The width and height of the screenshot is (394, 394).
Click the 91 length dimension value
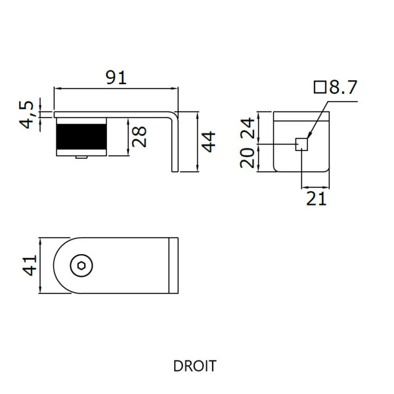(x=116, y=77)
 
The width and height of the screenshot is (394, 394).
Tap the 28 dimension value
(x=139, y=137)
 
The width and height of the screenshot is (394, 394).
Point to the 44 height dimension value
(x=208, y=142)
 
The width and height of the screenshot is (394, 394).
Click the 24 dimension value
(x=248, y=127)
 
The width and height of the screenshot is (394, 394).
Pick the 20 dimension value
(x=248, y=158)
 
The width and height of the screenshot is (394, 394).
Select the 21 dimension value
(x=316, y=198)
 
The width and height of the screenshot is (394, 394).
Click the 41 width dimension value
(x=28, y=265)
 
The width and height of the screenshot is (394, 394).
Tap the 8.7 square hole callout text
(x=342, y=87)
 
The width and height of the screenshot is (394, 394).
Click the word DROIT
(x=194, y=366)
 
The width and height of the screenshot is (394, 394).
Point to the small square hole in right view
(x=301, y=144)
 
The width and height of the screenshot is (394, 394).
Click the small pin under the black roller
(x=81, y=158)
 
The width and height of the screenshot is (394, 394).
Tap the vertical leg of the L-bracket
(x=175, y=144)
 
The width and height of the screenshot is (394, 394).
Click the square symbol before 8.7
(x=320, y=87)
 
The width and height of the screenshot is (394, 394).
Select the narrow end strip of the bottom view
(x=175, y=265)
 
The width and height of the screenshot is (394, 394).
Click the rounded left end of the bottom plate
(x=59, y=265)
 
